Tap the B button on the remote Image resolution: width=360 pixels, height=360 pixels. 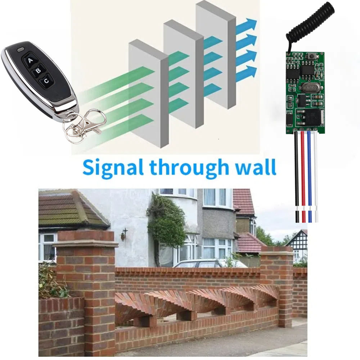pyautogui.click(x=38, y=71)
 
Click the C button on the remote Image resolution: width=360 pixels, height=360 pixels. pyautogui.click(x=46, y=81)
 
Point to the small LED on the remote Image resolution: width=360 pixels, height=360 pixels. pyautogui.click(x=21, y=49)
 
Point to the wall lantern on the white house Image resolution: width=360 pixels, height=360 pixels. pyautogui.click(x=124, y=234)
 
